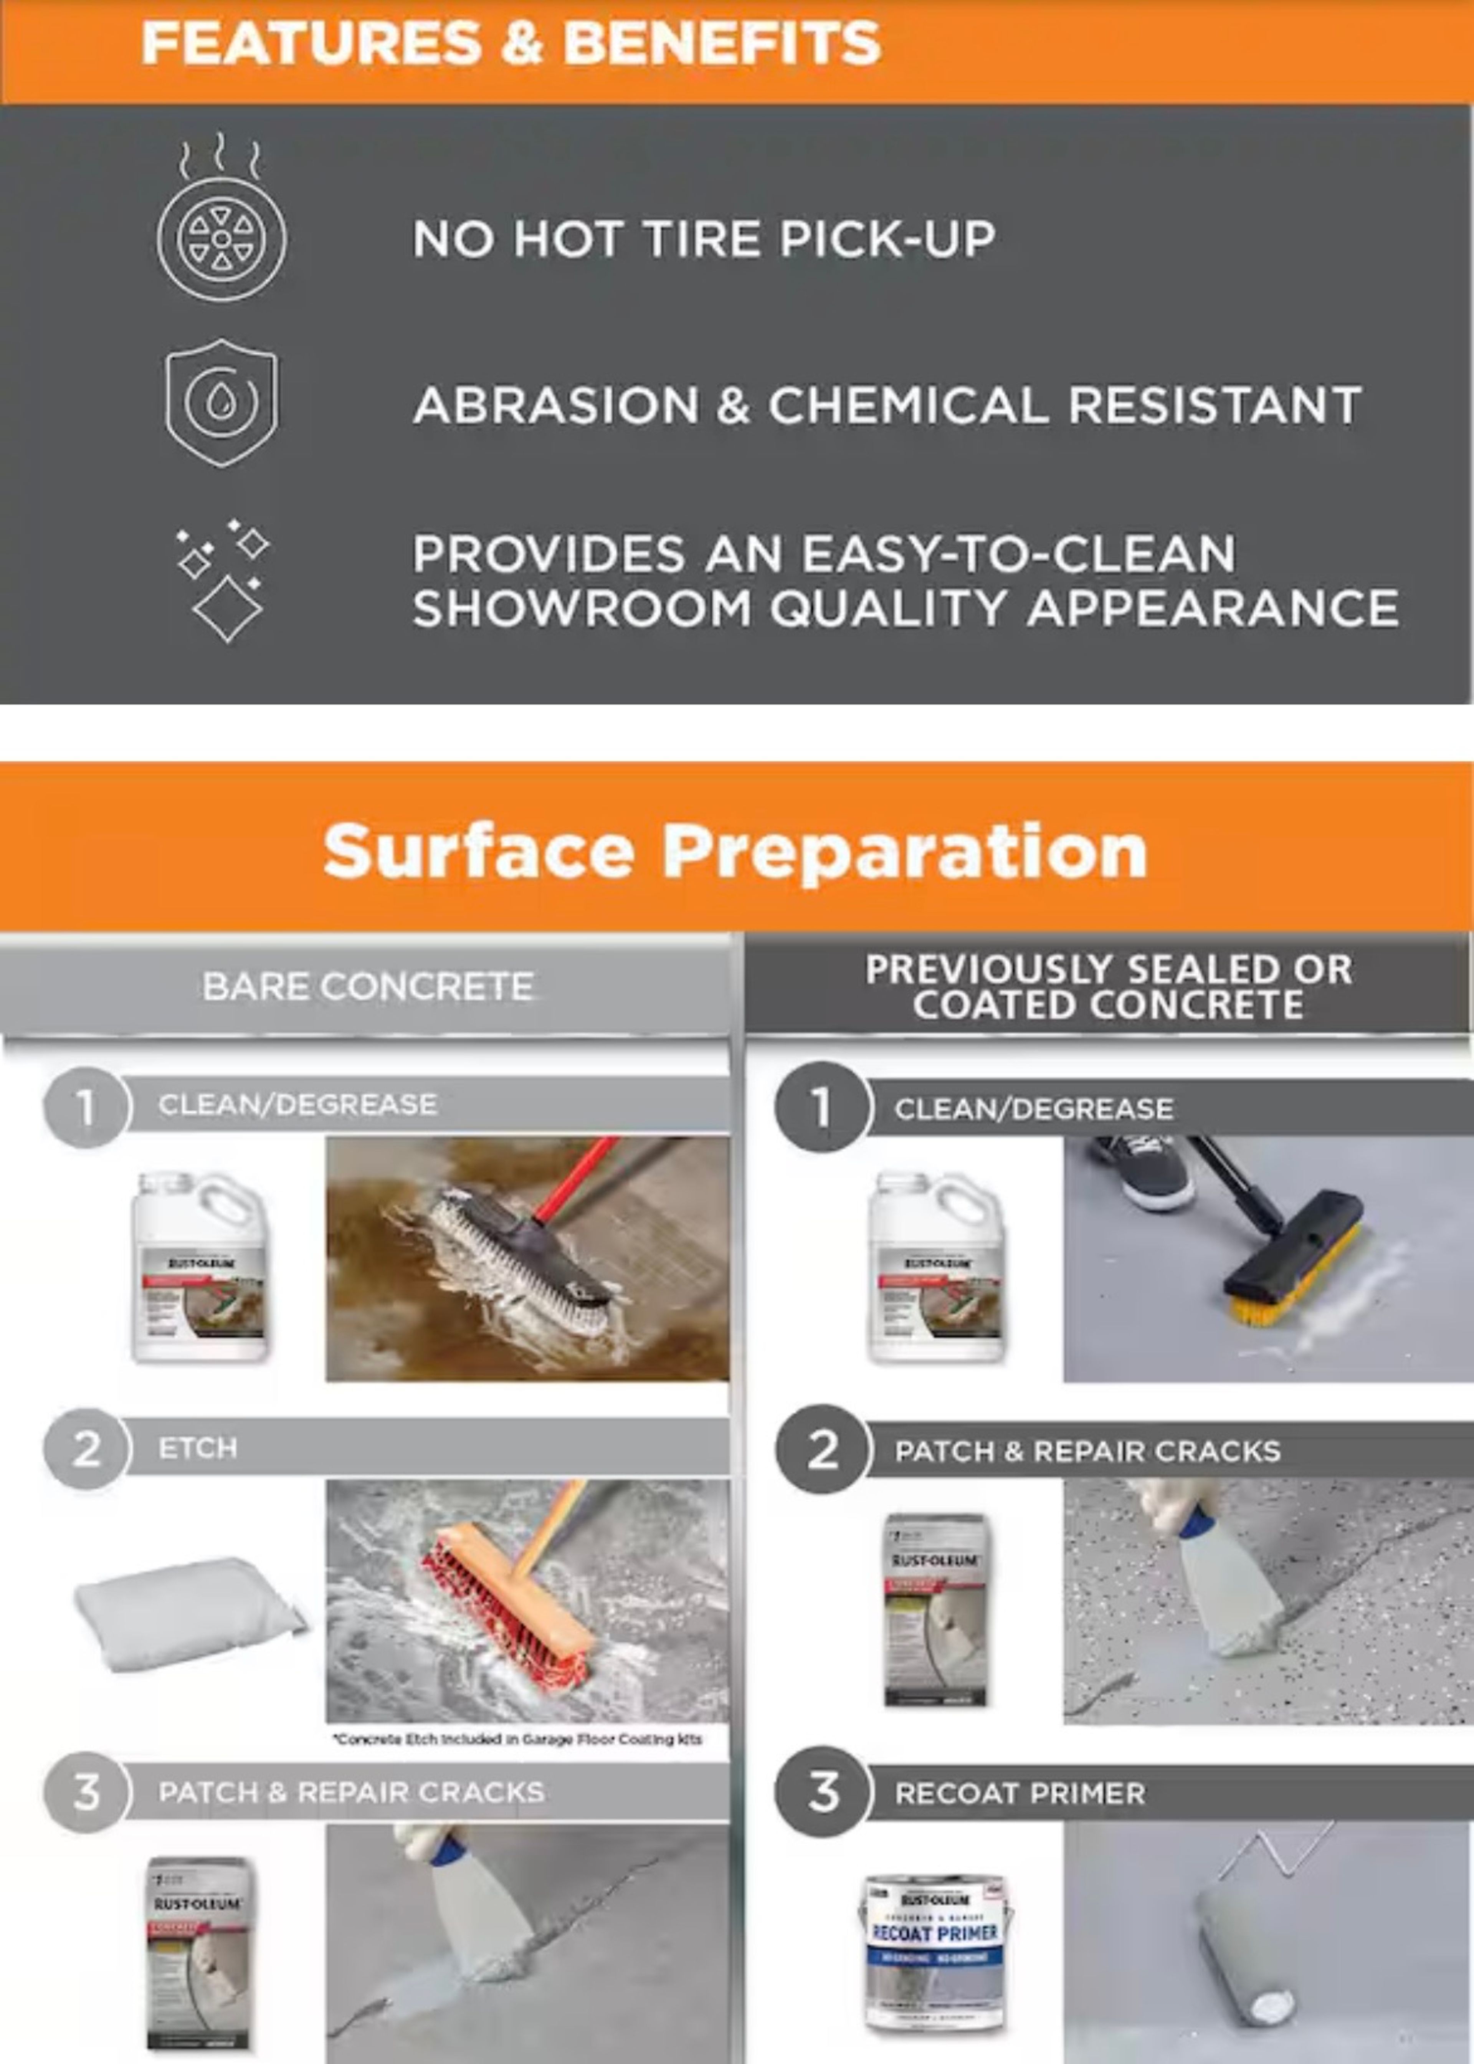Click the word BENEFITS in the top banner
(x=722, y=43)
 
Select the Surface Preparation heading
(x=735, y=850)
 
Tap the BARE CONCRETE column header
(x=368, y=987)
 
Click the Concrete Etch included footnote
(x=517, y=1739)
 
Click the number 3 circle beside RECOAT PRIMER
(x=822, y=1793)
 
